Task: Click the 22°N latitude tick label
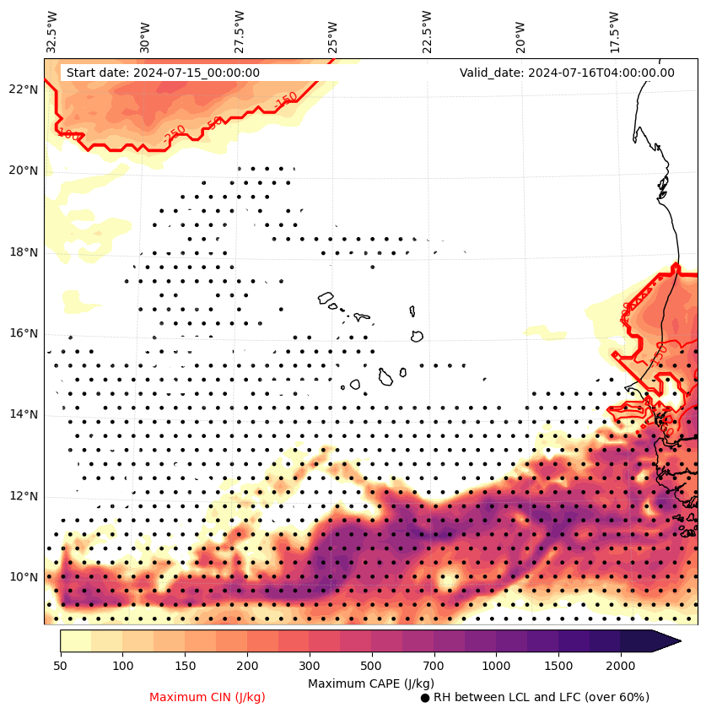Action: pos(24,89)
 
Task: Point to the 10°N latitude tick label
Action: pos(24,577)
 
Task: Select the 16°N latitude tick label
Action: pos(24,333)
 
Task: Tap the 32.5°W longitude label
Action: pos(52,32)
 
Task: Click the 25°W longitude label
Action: pos(333,35)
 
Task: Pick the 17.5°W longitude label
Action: pos(614,32)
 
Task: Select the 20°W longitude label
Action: pos(520,35)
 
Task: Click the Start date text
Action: pos(163,73)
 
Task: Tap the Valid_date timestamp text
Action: pos(567,73)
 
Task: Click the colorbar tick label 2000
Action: pos(621,666)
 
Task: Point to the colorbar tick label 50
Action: pos(60,666)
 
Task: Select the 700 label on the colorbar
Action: pos(434,666)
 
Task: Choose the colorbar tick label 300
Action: pos(309,666)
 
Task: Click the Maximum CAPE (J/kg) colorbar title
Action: pos(370,683)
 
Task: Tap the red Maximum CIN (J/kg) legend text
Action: pos(207,697)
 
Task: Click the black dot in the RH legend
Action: pos(425,698)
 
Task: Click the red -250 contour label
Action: pos(175,134)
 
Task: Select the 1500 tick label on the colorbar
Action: pos(558,666)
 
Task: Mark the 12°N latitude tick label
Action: pos(24,496)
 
